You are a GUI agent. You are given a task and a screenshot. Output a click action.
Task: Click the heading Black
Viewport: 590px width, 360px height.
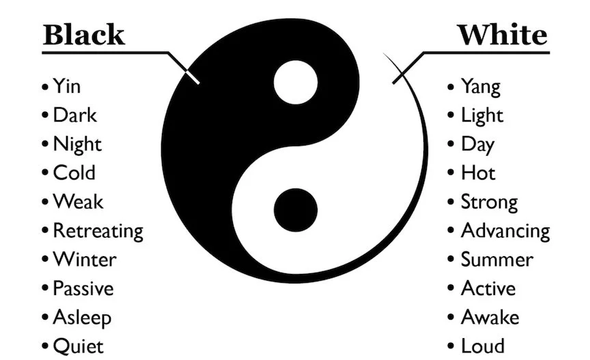point(84,33)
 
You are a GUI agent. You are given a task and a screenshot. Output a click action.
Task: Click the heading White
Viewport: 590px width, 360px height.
point(502,33)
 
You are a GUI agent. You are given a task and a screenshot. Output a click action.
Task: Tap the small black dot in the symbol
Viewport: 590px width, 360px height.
point(296,207)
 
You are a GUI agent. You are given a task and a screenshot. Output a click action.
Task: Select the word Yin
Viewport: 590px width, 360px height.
point(67,87)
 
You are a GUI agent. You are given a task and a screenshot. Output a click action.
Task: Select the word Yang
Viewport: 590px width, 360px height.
point(480,87)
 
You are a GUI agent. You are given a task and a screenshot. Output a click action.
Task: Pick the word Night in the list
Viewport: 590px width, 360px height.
point(77,145)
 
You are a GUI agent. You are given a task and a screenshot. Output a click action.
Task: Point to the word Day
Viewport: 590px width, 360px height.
point(477,145)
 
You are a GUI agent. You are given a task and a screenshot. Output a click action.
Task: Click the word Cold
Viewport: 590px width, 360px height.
point(74,174)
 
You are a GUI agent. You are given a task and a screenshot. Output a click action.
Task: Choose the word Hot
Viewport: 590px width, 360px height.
point(478,174)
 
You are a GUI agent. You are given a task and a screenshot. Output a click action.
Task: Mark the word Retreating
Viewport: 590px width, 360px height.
point(98,231)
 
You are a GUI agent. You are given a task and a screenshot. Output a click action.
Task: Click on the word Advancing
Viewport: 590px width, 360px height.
point(505,231)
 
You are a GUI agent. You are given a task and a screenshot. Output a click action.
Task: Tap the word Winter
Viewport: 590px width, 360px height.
point(85,260)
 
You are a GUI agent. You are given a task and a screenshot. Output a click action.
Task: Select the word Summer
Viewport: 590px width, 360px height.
point(496,260)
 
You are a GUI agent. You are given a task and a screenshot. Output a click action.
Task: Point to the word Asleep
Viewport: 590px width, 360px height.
point(82,318)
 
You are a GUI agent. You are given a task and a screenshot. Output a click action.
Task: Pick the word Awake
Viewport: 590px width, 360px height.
point(490,318)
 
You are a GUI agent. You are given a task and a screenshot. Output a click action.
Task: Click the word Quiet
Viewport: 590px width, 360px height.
point(78,346)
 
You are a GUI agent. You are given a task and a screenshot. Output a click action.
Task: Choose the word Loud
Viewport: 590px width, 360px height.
point(482,346)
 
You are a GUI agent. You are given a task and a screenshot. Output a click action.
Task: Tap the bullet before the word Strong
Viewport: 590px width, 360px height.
point(452,203)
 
